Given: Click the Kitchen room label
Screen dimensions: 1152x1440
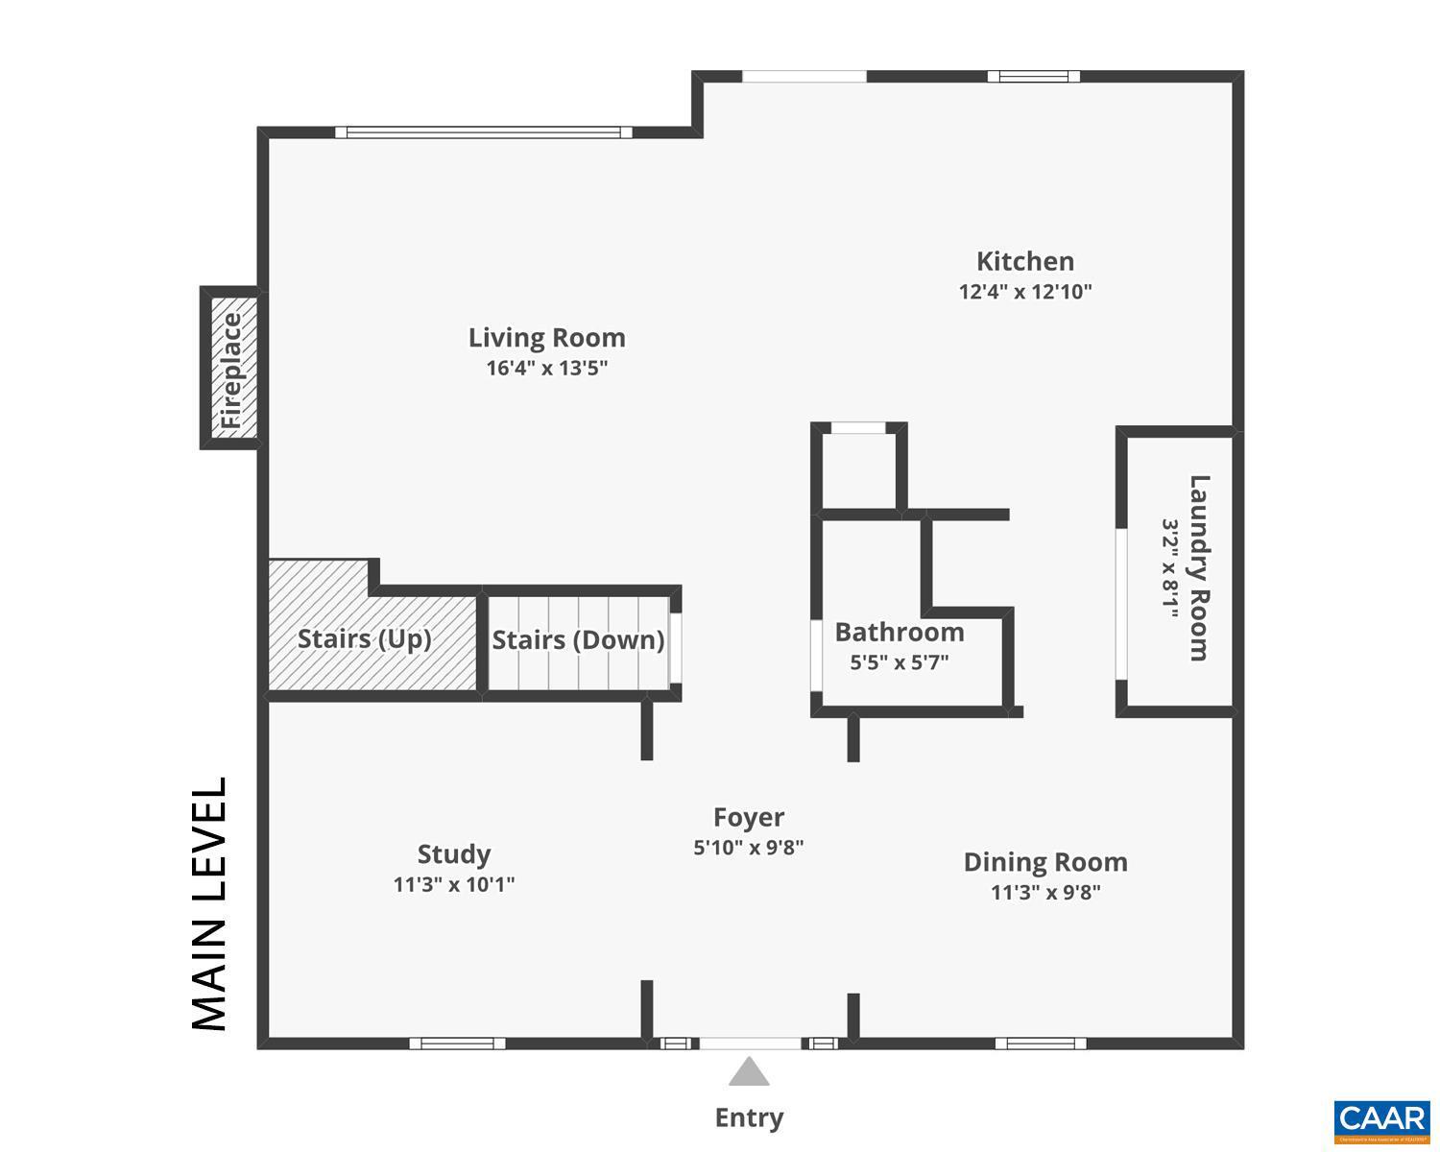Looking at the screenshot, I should click(x=1024, y=261).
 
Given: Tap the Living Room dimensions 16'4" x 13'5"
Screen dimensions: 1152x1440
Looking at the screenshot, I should click(x=547, y=368).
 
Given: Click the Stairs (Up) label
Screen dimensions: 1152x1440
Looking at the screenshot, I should click(x=364, y=639).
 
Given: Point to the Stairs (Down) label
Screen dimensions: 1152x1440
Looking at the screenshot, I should click(x=578, y=640).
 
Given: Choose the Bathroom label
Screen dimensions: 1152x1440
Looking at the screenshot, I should click(x=900, y=632).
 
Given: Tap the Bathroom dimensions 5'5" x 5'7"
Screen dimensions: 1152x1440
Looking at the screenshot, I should click(x=900, y=661).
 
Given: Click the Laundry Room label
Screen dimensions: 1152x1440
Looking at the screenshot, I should click(x=1199, y=568).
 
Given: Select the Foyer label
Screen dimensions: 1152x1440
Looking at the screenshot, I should click(x=749, y=817).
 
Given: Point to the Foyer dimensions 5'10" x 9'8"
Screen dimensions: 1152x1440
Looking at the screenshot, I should click(x=749, y=848).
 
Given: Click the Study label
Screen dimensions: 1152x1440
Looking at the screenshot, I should click(x=454, y=853).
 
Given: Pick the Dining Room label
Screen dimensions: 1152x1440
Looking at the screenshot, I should click(x=1045, y=862).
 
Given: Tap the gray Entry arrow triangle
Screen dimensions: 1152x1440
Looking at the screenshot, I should click(x=749, y=1073).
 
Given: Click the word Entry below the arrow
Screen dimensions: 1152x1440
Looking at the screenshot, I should click(x=749, y=1117).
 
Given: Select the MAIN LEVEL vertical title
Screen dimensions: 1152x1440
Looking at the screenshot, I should click(x=210, y=904).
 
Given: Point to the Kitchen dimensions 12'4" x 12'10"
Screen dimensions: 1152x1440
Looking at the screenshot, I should click(x=1025, y=292).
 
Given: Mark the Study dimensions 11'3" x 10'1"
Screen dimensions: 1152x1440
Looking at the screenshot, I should click(x=454, y=884).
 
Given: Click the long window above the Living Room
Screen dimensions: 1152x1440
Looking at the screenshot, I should click(x=484, y=132).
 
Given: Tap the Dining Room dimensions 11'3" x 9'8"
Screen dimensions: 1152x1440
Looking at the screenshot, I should click(x=1045, y=893).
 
